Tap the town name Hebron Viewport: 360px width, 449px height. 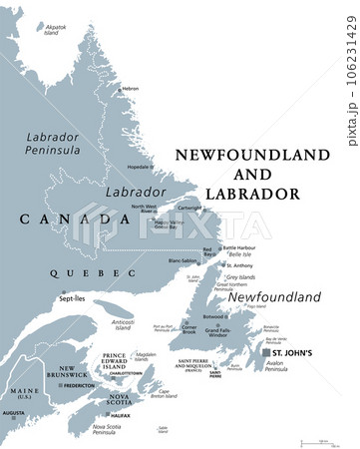tap(130, 89)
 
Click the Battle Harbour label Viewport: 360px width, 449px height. tap(243, 247)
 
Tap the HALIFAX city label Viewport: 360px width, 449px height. tap(120, 414)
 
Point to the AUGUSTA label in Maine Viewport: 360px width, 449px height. tap(14, 412)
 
